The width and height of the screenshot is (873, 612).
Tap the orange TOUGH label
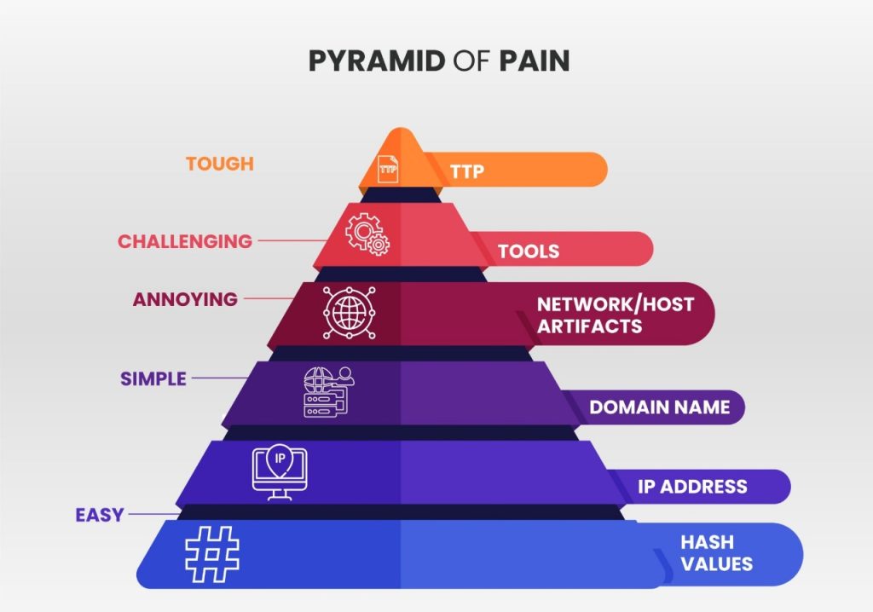220,164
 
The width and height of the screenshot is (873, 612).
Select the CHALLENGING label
185,241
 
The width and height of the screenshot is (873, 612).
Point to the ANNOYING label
185,299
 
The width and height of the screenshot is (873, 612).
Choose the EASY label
100,515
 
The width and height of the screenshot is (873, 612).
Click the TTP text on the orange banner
467,171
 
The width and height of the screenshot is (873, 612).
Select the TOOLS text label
529,251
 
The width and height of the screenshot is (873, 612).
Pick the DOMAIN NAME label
659,407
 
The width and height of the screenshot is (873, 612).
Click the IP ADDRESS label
692,487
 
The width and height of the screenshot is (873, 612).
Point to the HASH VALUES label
716,552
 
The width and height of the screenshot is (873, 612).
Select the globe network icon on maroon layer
348,311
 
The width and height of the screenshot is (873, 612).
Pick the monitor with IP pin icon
280,470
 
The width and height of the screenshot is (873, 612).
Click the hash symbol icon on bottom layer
212,553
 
